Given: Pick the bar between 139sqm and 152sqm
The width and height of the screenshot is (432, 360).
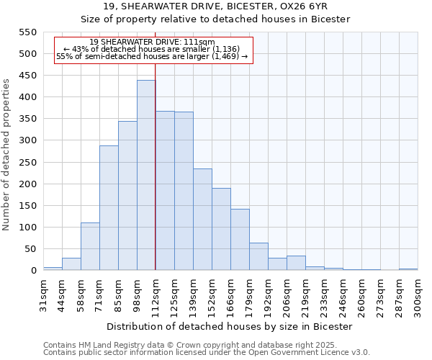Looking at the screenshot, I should [202, 220].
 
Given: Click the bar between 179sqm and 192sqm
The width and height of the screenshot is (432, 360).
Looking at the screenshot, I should [258, 256].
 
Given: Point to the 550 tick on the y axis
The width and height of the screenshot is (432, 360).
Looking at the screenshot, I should [27, 32].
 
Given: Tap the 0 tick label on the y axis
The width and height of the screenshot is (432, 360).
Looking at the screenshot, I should [33, 271].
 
